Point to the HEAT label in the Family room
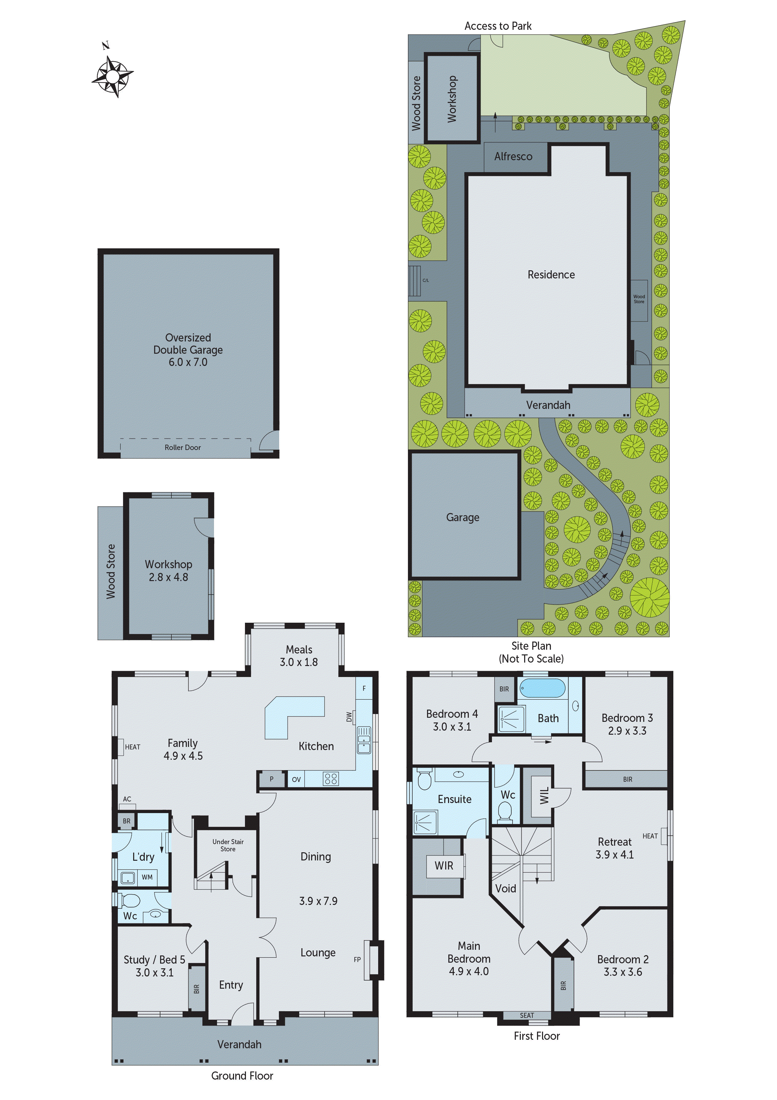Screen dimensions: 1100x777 [x=133, y=747]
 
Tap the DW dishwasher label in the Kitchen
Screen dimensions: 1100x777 [x=349, y=717]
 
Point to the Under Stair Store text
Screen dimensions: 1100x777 [x=228, y=845]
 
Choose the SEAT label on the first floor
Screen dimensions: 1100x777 [x=527, y=1015]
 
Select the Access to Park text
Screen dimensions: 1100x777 [x=498, y=26]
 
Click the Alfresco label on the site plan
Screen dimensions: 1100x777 [x=513, y=157]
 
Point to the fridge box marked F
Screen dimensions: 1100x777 [x=364, y=689]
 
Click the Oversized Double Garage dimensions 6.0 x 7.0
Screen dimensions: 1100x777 [x=188, y=362]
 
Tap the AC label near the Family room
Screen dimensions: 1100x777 [x=127, y=799]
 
